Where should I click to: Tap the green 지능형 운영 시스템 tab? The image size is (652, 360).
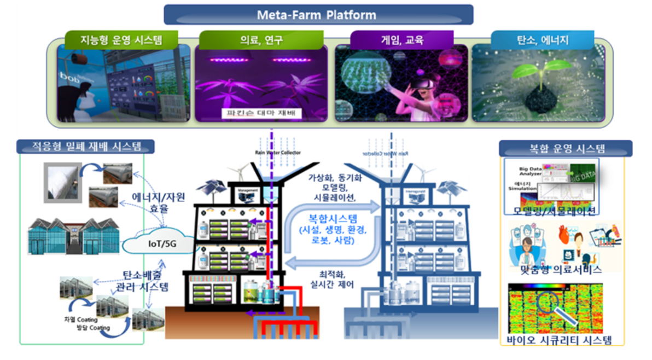pos(121,40)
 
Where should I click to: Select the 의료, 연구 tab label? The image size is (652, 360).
pos(263,40)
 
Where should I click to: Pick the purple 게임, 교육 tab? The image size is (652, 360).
pos(402,40)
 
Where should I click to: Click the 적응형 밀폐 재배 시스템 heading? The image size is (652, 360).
pos(86,146)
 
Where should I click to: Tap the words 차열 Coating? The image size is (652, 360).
pos(80,320)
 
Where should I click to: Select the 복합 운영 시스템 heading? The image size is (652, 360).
pos(566,148)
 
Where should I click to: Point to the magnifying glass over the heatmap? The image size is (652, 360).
pos(552,306)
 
